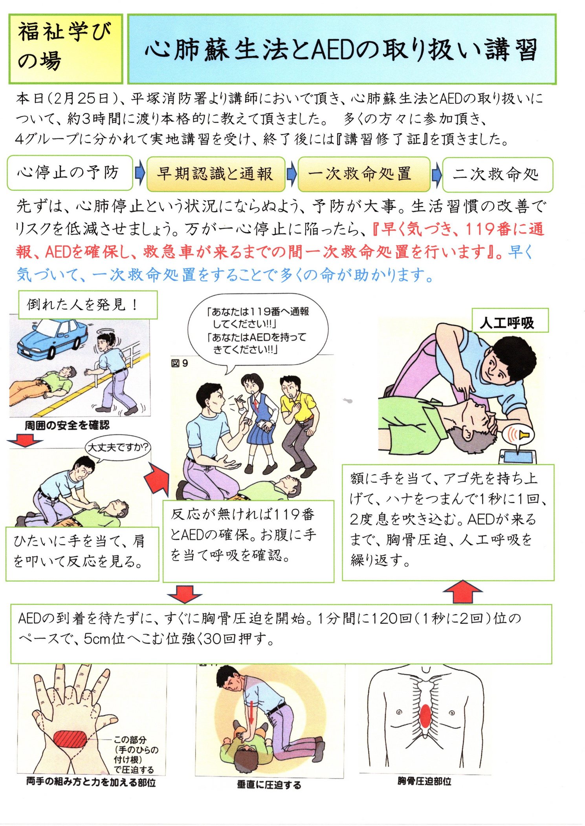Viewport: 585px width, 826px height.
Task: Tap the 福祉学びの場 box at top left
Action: (x=66, y=48)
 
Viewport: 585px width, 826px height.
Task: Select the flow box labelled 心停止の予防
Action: (x=70, y=173)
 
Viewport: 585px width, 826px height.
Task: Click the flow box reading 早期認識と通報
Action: (x=216, y=174)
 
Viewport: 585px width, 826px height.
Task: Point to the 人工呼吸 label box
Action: (x=510, y=320)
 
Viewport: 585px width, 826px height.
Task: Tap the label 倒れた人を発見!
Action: (x=88, y=305)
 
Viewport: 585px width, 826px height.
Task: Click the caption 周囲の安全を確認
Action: (x=67, y=425)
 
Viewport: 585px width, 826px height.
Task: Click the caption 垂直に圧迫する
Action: (x=269, y=784)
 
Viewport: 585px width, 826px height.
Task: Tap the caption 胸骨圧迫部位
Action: (x=424, y=781)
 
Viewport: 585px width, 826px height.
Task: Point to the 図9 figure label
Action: (x=180, y=364)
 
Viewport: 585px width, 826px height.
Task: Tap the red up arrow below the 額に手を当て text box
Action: (x=462, y=591)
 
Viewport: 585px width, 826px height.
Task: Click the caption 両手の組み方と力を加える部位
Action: (x=91, y=782)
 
